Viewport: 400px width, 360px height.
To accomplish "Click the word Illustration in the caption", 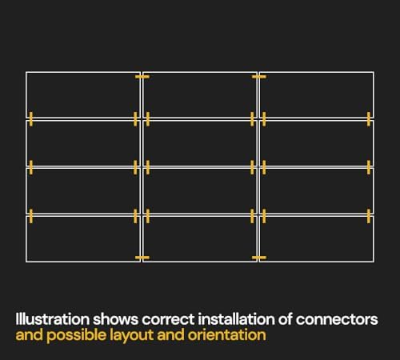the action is point(53,319).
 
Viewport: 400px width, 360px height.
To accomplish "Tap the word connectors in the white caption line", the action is point(337,319).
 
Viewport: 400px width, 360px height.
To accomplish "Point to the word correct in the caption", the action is point(168,320).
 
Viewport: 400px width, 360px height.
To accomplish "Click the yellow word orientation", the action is point(227,335).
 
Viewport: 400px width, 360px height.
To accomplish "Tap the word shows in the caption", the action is point(115,319).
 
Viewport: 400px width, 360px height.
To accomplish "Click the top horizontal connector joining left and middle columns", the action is point(142,77).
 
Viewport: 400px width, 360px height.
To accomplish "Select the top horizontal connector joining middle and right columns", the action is point(258,77).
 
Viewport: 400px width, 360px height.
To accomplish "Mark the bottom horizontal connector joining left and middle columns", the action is point(142,258).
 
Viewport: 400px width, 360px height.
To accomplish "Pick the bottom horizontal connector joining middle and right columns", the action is point(258,258).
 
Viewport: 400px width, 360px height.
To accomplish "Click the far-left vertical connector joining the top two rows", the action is point(31,119).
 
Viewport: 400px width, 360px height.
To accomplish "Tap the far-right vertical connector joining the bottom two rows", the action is point(369,216).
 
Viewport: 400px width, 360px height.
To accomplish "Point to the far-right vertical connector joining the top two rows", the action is point(369,119).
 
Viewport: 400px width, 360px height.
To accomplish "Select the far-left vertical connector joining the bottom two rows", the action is point(31,216).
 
